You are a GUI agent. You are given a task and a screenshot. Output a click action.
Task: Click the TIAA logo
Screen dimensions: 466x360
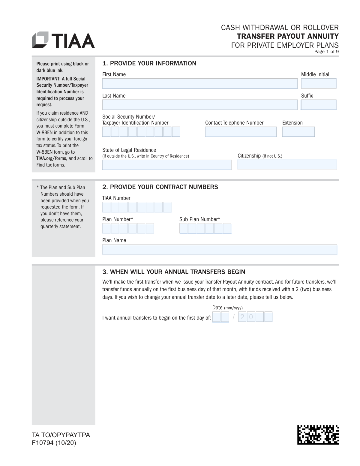click(63, 40)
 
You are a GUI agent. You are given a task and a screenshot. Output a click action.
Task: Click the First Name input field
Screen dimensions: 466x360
click(200, 83)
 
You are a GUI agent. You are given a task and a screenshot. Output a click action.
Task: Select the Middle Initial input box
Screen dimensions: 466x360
click(319, 83)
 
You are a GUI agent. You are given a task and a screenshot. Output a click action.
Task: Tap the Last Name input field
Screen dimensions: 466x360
click(200, 105)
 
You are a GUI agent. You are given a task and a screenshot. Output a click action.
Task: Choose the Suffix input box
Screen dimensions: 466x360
click(319, 105)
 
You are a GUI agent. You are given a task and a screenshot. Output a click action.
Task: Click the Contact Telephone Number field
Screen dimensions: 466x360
click(241, 132)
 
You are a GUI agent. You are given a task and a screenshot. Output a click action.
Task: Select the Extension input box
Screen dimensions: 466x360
click(298, 132)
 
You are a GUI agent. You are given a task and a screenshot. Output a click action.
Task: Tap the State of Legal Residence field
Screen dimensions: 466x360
click(167, 165)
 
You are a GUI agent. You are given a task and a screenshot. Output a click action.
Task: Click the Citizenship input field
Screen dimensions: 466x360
click(287, 165)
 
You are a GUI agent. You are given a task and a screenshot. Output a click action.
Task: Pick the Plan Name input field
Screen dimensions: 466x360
click(220, 250)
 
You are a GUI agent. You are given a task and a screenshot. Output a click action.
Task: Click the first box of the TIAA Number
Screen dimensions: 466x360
click(106, 207)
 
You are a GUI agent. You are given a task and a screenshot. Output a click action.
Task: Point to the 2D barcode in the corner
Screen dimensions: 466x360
click(318, 434)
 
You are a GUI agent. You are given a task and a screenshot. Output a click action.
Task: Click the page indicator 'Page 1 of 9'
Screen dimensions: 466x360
click(326, 52)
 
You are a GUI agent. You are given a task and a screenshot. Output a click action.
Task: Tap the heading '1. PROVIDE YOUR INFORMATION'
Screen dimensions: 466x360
click(149, 63)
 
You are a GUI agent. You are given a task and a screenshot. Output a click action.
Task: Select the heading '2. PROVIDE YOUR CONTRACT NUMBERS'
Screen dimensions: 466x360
click(160, 187)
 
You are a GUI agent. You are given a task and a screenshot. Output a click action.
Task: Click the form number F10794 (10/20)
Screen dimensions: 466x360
click(54, 443)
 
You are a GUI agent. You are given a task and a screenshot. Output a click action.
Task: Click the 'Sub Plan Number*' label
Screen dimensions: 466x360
click(199, 219)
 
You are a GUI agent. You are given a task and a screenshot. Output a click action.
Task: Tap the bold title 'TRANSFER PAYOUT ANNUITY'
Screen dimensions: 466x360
click(288, 36)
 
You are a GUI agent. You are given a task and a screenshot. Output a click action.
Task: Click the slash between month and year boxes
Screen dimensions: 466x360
click(234, 317)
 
